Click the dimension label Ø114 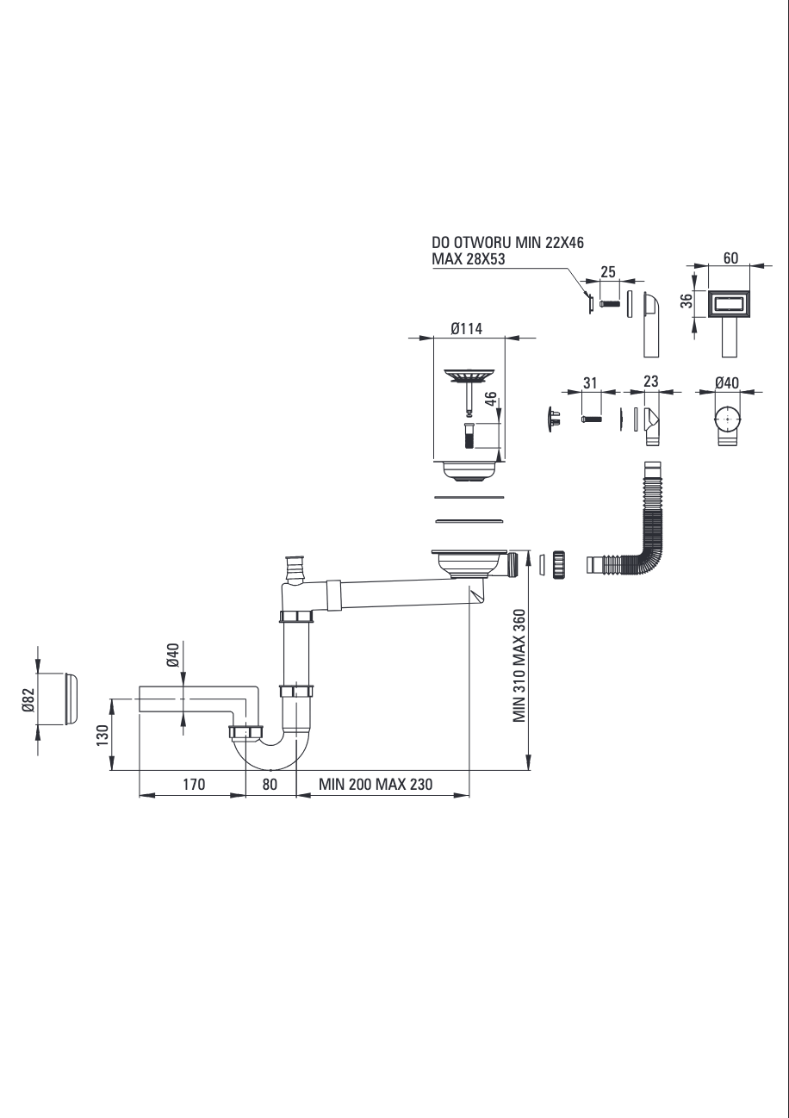coord(466,328)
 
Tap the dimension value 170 coord(194,784)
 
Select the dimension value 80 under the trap coord(270,784)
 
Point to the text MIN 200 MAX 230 coord(376,784)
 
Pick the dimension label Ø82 coord(28,699)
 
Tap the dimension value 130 coord(103,736)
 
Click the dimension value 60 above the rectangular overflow coord(730,258)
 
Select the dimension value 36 coord(687,301)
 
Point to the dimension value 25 coord(608,272)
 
